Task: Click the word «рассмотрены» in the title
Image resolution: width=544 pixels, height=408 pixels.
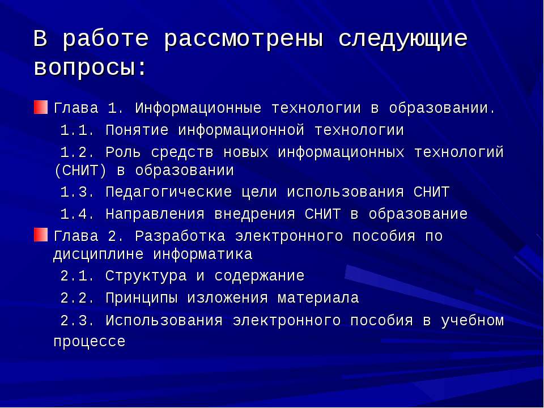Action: [x=245, y=40]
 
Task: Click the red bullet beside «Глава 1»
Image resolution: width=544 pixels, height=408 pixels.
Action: [x=41, y=107]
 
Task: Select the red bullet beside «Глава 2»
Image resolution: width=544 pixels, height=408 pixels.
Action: [x=41, y=235]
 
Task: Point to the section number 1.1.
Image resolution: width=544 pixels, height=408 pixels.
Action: [x=77, y=131]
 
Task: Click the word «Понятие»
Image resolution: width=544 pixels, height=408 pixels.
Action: [x=137, y=131]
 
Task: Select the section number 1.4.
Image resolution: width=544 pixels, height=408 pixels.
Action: [x=77, y=215]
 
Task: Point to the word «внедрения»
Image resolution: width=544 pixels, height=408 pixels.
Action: [x=255, y=215]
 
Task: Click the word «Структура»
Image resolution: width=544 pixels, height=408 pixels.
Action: [x=146, y=277]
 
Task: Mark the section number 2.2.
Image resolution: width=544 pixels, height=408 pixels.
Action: [x=77, y=299]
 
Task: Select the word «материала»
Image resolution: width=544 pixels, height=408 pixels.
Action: [x=318, y=299]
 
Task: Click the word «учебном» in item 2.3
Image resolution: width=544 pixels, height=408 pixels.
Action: [x=472, y=321]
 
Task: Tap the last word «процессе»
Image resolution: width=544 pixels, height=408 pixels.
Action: [x=90, y=342]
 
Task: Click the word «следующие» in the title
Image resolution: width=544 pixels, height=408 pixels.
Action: [x=403, y=40]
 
